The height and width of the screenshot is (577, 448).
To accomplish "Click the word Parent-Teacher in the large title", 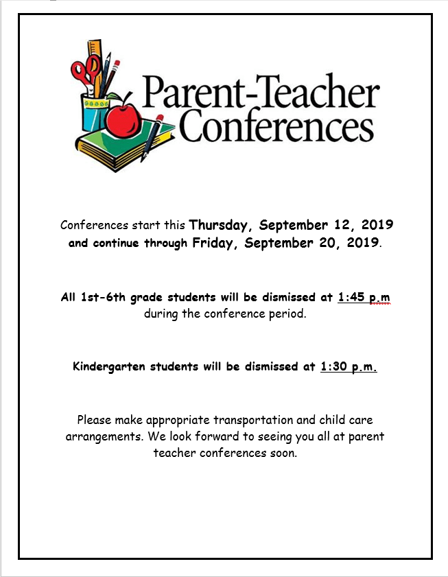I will pyautogui.click(x=260, y=95).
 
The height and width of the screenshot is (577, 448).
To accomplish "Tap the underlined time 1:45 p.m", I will pyautogui.click(x=364, y=297).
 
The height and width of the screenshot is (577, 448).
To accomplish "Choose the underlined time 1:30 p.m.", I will pyautogui.click(x=349, y=366).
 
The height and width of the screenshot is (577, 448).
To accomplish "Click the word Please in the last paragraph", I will pyautogui.click(x=95, y=420).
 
